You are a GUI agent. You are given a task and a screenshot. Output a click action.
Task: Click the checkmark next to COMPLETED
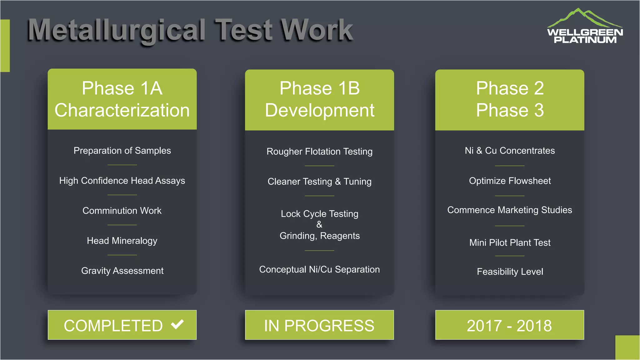click(x=177, y=324)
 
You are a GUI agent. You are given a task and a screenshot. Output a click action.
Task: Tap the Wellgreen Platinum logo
click(x=585, y=27)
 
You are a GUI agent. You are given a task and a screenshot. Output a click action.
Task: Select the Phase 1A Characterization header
click(x=122, y=99)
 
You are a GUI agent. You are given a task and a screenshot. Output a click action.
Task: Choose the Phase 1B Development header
click(x=319, y=100)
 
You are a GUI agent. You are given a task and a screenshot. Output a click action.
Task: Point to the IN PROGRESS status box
click(x=319, y=325)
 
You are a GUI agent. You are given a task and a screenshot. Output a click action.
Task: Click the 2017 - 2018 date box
click(x=509, y=325)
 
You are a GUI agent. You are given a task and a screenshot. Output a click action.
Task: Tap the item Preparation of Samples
click(x=122, y=151)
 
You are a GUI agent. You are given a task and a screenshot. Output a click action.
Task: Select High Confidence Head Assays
click(x=122, y=181)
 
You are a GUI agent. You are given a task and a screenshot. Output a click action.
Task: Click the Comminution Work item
click(x=122, y=211)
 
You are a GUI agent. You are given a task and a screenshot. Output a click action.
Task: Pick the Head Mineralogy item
click(x=122, y=241)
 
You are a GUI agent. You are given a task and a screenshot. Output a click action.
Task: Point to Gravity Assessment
click(x=122, y=271)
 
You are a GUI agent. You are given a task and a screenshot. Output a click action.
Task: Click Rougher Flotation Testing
click(x=319, y=152)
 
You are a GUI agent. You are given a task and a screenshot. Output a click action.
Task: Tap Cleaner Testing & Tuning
click(x=319, y=182)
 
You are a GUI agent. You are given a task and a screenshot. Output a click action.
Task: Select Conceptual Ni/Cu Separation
click(x=319, y=269)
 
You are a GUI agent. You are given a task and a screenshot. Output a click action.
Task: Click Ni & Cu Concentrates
click(x=510, y=151)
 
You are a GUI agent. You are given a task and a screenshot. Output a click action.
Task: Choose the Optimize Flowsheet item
click(x=510, y=181)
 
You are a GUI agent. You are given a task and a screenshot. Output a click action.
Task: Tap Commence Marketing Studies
click(x=510, y=210)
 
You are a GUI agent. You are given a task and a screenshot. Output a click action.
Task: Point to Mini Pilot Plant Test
click(x=510, y=242)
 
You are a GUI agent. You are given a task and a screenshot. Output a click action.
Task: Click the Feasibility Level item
click(x=510, y=272)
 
